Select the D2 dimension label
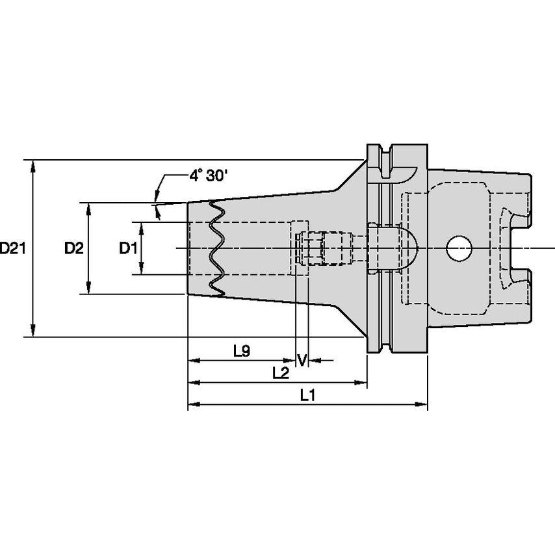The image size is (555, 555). [73, 248]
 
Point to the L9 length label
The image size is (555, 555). [241, 351]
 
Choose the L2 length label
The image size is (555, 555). [281, 373]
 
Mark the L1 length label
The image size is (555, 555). [307, 395]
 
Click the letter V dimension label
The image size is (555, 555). [302, 359]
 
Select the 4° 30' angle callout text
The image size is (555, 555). [207, 175]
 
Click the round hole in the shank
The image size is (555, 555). [459, 248]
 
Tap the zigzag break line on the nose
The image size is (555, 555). [216, 248]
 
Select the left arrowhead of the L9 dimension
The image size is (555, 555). [193, 359]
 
